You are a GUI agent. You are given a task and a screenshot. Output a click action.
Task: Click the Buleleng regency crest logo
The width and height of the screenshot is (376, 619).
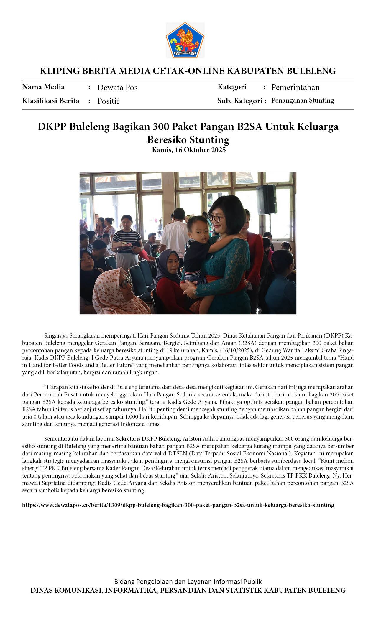tap(185, 40)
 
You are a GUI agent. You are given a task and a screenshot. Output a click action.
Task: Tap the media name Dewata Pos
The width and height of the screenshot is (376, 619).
tap(117, 88)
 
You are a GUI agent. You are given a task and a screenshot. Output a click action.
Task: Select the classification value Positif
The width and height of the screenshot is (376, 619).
tap(108, 101)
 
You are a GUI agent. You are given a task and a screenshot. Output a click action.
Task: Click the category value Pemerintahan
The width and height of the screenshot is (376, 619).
tap(295, 87)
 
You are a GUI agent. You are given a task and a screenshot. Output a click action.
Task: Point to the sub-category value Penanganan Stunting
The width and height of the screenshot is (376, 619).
tap(303, 101)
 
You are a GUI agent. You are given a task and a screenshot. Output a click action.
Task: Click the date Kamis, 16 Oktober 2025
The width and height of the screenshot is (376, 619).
tap(188, 150)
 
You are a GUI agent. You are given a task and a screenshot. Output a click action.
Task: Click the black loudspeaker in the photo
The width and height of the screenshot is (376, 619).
tap(266, 199)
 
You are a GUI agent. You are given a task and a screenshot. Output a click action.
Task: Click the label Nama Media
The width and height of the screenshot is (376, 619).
tap(43, 87)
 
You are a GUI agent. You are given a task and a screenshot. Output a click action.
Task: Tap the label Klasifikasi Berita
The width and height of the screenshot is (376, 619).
tap(51, 101)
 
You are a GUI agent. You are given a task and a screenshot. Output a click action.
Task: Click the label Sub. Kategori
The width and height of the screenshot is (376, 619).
tap(240, 101)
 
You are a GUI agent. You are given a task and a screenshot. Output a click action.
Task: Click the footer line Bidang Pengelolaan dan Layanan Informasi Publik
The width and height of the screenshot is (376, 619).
tap(188, 582)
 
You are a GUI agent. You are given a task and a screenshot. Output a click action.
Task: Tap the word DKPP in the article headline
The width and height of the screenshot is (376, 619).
tap(52, 127)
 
